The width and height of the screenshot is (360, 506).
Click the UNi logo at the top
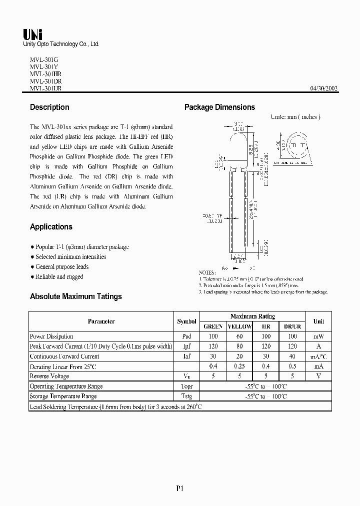33,34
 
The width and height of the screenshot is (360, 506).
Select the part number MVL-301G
44,59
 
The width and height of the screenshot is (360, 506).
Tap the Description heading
49,107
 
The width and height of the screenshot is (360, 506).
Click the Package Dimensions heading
219,107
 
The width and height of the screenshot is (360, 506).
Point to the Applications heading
51,226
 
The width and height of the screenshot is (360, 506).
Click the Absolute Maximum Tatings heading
75,296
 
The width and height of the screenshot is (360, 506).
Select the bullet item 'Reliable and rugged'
58,276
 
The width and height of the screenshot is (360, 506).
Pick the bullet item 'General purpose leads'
61,266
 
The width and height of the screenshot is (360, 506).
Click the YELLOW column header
239,326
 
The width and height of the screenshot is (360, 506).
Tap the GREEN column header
213,326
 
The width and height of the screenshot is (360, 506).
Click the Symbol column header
186,321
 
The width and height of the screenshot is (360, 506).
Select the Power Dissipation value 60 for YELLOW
239,336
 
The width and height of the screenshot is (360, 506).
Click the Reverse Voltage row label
50,376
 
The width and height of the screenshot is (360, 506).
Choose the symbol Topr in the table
186,386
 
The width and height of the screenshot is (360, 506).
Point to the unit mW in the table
318,336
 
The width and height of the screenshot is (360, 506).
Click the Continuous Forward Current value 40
292,356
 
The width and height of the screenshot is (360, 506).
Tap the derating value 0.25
239,366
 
